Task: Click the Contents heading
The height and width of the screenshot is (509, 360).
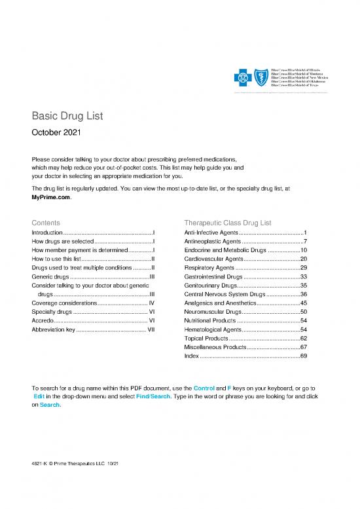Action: [46, 223]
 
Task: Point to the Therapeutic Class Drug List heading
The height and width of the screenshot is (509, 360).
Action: [227, 223]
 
